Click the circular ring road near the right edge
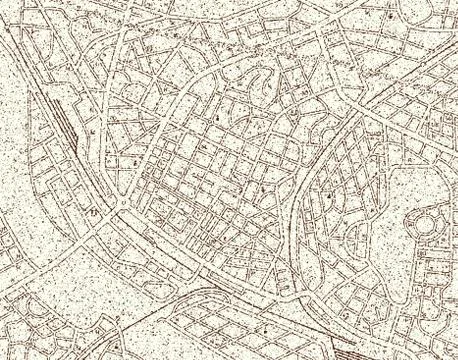point(428,228)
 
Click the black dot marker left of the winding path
point(216,118)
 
